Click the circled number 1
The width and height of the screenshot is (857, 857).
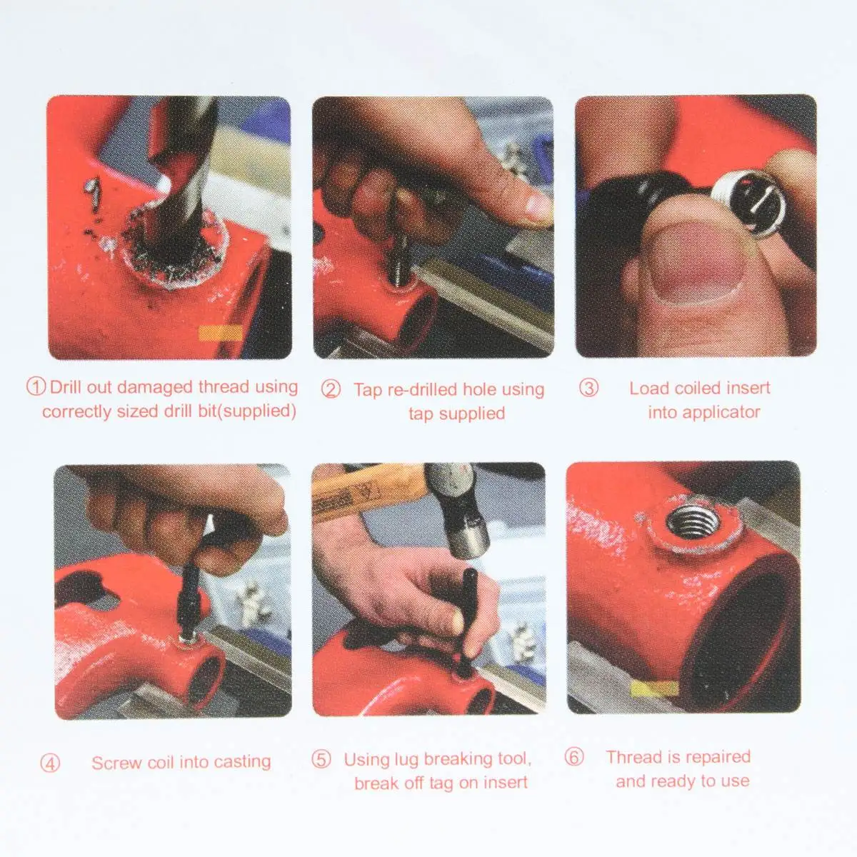[36, 386]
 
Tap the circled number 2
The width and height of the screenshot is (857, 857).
[331, 389]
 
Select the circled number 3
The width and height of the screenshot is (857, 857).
[588, 388]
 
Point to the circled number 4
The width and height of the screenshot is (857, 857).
[50, 763]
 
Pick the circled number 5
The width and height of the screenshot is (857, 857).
[321, 759]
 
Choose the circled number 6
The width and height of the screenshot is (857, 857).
[574, 756]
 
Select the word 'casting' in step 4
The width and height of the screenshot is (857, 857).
[242, 762]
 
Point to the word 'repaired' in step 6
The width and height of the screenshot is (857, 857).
[723, 757]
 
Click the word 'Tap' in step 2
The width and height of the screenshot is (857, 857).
[369, 390]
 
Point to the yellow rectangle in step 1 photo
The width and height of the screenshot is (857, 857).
[220, 333]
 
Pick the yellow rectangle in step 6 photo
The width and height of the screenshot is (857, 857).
[654, 688]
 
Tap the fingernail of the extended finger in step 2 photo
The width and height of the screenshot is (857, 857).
[538, 206]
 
